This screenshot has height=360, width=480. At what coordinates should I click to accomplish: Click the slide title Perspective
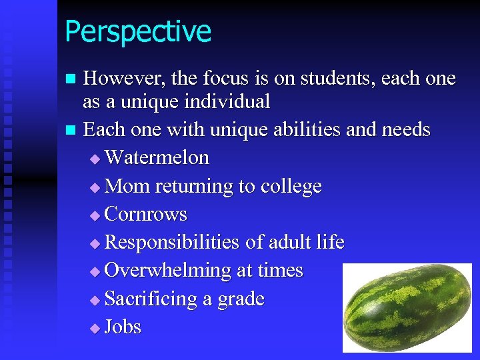138,32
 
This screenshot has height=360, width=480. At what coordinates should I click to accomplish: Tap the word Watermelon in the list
157,158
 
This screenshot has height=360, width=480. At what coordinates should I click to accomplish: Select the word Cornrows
146,215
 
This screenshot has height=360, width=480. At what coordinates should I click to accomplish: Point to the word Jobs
123,327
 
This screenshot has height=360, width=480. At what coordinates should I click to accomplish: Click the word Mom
127,186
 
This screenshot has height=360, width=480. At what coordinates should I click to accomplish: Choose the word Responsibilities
173,243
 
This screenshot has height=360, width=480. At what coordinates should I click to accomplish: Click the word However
123,79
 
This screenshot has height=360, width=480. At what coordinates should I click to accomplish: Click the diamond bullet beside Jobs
94,328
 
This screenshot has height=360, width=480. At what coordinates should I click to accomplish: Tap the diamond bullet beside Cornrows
94,215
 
